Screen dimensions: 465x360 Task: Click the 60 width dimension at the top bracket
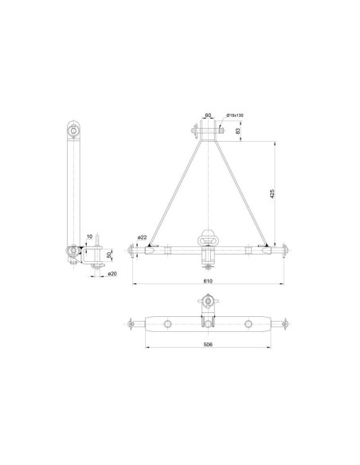point(209,115)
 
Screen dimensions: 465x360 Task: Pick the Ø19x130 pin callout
point(235,116)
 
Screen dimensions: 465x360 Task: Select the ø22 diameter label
point(140,237)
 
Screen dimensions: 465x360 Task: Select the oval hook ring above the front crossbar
point(209,236)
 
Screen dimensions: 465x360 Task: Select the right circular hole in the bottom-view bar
point(249,324)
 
